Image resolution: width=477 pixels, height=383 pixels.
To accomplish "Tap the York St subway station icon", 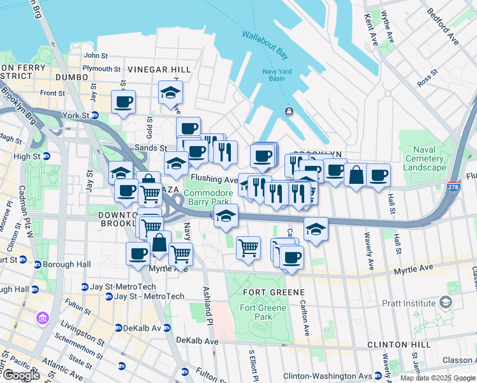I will pyautogui.click(x=94, y=116).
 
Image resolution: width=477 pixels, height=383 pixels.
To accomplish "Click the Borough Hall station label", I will pyautogui.click(x=64, y=264).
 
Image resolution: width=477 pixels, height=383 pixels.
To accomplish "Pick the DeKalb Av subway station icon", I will pyautogui.click(x=119, y=328).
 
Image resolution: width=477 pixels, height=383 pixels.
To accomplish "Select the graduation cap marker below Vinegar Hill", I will pyautogui.click(x=170, y=93).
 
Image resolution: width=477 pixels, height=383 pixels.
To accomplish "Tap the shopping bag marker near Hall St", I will pyautogui.click(x=355, y=174).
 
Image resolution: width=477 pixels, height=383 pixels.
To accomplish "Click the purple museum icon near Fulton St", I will pyautogui.click(x=43, y=317).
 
